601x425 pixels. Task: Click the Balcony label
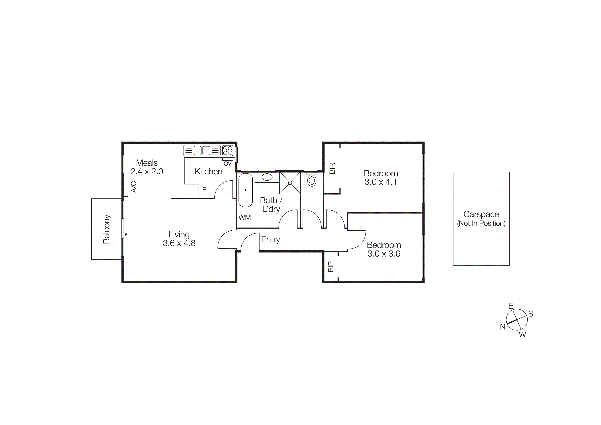tap(107, 229)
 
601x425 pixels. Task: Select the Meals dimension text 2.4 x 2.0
tap(147, 171)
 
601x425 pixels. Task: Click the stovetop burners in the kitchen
tap(228, 150)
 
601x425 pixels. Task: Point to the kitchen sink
tap(202, 151)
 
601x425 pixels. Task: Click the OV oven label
tap(228, 164)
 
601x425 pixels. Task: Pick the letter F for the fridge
tap(204, 190)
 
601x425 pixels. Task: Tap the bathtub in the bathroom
tap(246, 190)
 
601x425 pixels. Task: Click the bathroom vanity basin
tap(267, 177)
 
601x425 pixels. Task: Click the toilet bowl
tap(312, 181)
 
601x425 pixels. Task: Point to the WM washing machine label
tap(244, 217)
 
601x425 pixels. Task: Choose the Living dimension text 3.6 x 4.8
tap(179, 243)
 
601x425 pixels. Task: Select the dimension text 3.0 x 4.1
tap(381, 182)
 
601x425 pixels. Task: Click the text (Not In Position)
tap(481, 223)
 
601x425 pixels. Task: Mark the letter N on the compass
tap(503, 327)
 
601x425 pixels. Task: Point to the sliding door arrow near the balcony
tap(126, 228)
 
